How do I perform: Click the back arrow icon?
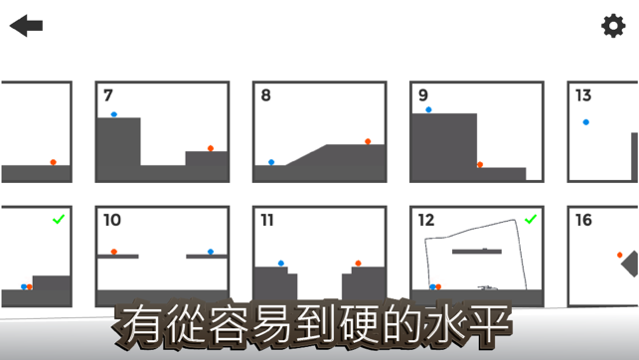pos(26,26)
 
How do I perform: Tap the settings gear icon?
pos(613,26)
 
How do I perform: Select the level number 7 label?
pos(108,95)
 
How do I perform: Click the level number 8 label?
pos(265,95)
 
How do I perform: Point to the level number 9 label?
pos(423,95)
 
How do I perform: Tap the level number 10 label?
pos(112,220)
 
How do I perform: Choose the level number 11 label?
pos(267,220)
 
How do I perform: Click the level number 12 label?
pos(426,220)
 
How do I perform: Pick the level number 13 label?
pos(583,95)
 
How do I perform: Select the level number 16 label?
pos(583,220)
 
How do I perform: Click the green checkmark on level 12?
pos(531,220)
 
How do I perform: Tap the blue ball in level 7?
pos(114,114)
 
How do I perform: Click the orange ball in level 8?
pos(368,141)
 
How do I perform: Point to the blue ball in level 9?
pos(428,109)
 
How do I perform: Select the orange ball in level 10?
pos(114,252)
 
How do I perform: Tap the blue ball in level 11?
pos(281,264)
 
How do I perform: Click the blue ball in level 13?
pos(586,122)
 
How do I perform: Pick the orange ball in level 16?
pos(620,255)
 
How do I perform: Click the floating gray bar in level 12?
pos(477,252)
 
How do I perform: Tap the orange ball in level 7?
pos(211,148)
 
